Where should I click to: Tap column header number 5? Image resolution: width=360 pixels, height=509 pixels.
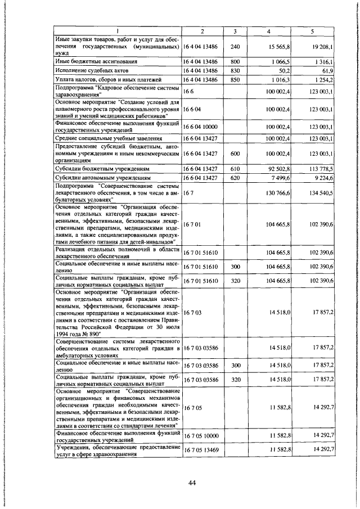coord(313,30)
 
